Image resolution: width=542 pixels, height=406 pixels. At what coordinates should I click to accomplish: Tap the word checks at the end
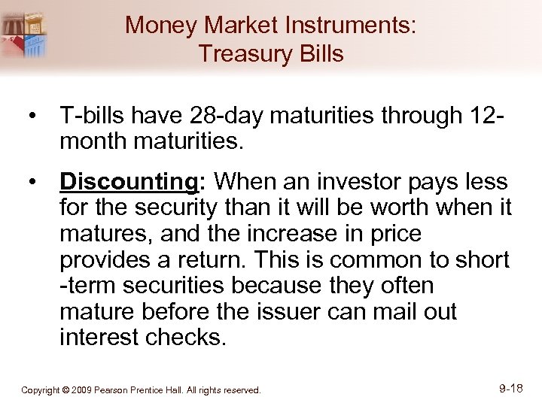187,337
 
